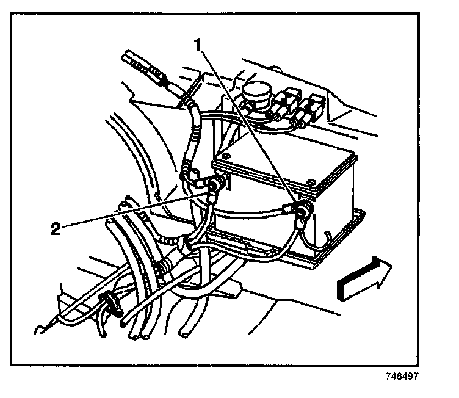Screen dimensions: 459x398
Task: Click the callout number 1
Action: pyautogui.click(x=198, y=45)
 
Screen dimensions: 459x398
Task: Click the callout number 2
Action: pyautogui.click(x=56, y=229)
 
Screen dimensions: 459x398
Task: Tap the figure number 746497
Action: pyautogui.click(x=400, y=377)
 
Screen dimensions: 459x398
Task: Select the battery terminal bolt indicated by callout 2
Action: pyautogui.click(x=215, y=184)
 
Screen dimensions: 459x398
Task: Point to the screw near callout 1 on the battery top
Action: pyautogui.click(x=311, y=181)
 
